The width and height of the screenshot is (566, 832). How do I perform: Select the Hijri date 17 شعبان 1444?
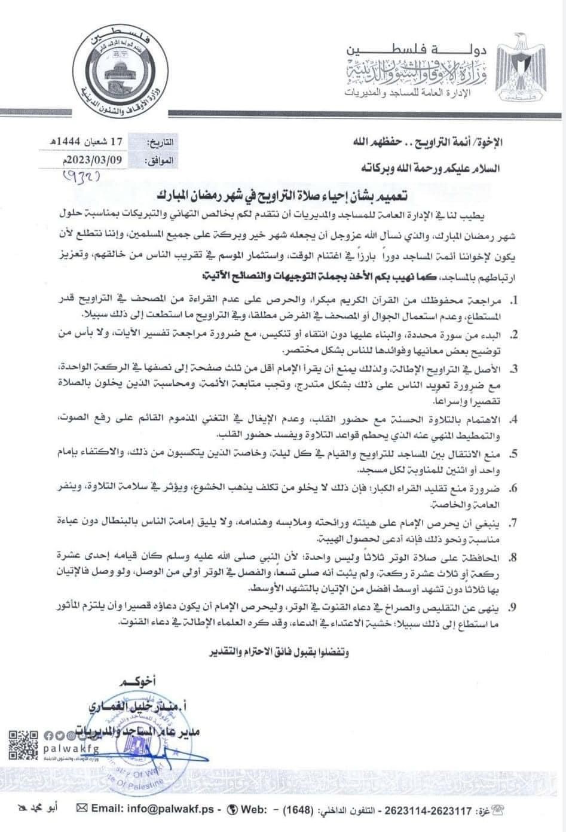pos(93,142)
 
